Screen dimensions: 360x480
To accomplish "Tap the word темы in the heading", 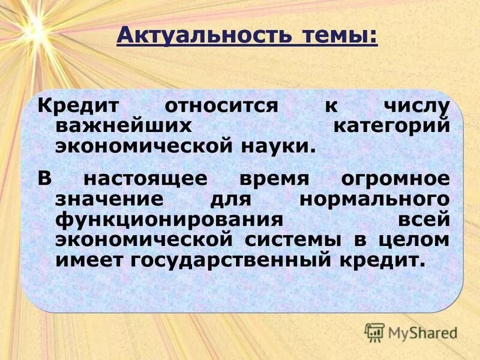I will pos(336,35).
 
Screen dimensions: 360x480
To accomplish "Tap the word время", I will pos(274,179).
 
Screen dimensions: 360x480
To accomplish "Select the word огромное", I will pos(394,179).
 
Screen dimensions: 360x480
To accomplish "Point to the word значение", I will pos(107,199).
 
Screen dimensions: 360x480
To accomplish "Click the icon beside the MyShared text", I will pos(375,331).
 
